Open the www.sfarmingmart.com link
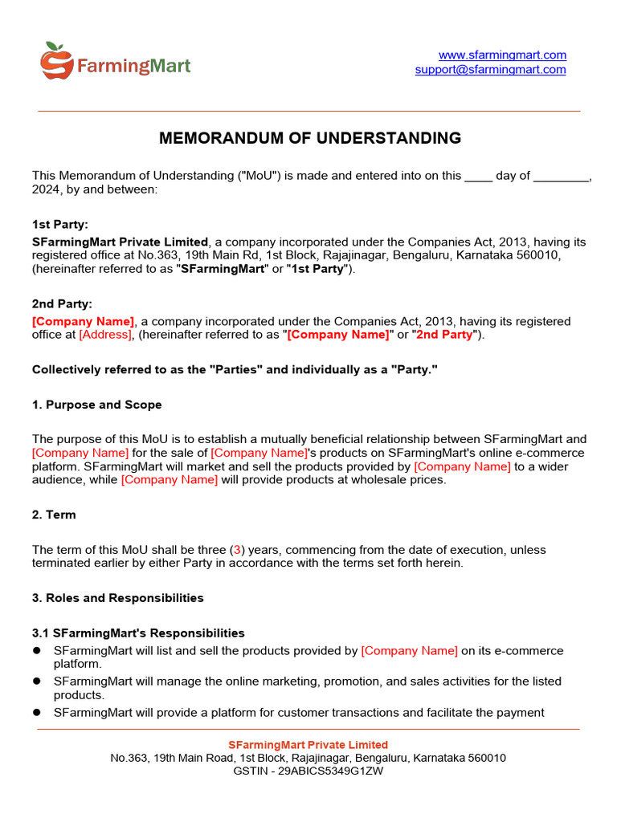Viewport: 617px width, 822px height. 502,55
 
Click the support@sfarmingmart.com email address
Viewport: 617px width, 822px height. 490,70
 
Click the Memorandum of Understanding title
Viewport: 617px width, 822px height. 310,138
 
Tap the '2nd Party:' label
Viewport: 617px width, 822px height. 62,303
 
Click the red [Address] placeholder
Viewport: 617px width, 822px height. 105,335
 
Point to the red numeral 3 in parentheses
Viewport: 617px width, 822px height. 237,550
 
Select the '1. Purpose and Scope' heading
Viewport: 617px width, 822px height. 96,405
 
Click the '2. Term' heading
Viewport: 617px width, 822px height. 54,515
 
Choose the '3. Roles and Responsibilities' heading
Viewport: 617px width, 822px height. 117,598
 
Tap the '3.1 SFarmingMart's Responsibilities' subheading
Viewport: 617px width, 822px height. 138,633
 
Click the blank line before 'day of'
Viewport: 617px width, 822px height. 479,177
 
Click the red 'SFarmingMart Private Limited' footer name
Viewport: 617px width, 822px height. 308,745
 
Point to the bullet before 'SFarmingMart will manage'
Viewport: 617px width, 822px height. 36,682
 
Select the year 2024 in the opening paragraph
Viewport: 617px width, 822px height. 45,189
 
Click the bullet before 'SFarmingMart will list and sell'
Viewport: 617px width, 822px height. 36,651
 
